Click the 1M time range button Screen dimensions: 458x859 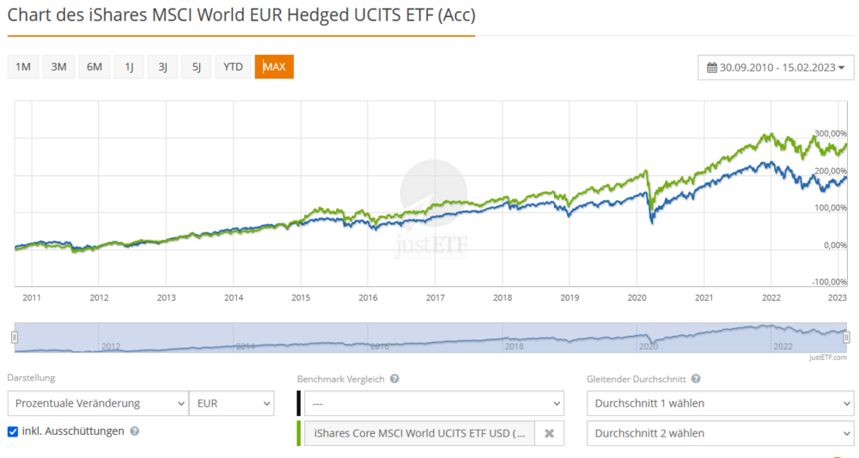point(23,67)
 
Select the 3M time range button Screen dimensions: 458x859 point(58,67)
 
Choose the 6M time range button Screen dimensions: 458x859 point(94,67)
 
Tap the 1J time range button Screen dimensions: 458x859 point(129,67)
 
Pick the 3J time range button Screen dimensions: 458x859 point(162,67)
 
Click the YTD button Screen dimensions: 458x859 point(233,67)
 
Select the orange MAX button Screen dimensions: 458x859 point(274,67)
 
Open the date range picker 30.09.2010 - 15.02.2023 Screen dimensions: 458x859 point(775,67)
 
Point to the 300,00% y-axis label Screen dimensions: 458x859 point(831,134)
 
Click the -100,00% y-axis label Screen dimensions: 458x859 point(829,282)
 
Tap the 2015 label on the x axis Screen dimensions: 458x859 point(301,298)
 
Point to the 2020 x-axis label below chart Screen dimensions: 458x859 point(637,298)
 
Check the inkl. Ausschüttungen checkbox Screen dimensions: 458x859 point(13,431)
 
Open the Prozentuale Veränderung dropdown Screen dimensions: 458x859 point(97,403)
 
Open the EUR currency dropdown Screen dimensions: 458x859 point(232,403)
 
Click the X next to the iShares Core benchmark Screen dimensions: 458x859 point(549,434)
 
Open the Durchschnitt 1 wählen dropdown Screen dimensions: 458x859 point(719,403)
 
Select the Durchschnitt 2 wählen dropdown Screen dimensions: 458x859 point(719,433)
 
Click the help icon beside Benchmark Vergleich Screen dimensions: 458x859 point(394,379)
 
